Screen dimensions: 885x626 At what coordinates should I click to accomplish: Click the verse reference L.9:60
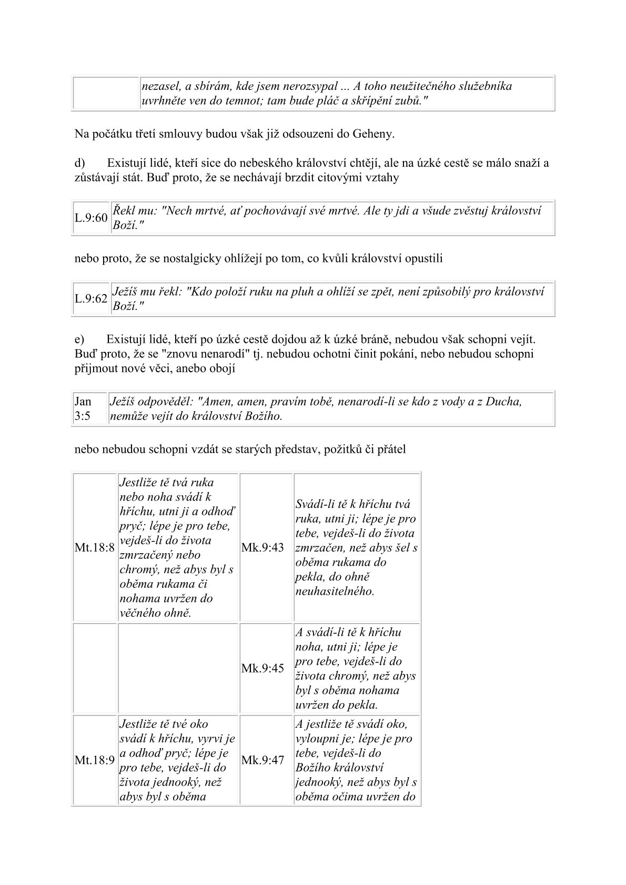pyautogui.click(x=91, y=218)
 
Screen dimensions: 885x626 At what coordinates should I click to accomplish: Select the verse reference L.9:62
pyautogui.click(x=91, y=299)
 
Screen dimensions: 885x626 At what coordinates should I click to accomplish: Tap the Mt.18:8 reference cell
pyautogui.click(x=95, y=547)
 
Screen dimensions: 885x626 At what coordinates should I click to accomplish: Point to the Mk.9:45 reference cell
pyautogui.click(x=262, y=668)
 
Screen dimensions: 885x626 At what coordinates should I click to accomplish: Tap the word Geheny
pyautogui.click(x=372, y=134)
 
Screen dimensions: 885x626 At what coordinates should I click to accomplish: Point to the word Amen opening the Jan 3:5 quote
pyautogui.click(x=213, y=402)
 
